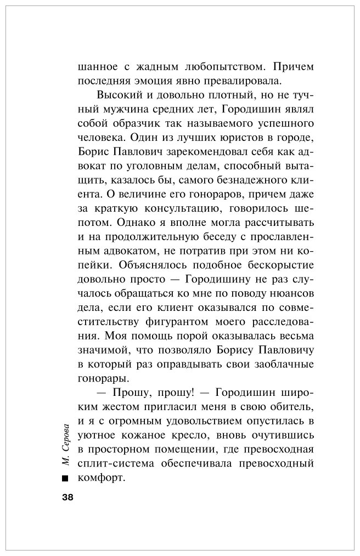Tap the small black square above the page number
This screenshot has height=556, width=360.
click(66, 478)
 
